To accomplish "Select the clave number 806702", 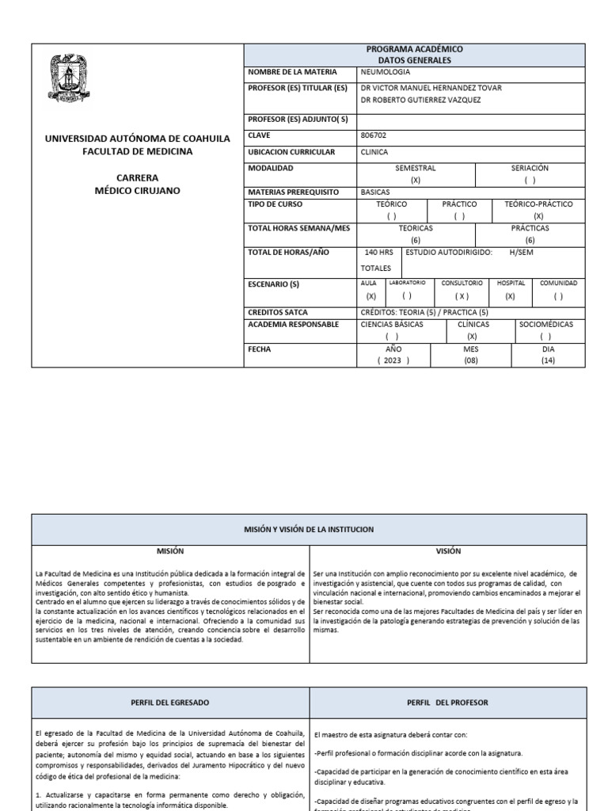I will [374, 135].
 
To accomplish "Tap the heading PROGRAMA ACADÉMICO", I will [414, 49].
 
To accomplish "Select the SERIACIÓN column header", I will [530, 168].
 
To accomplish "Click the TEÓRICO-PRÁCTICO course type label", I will [538, 204].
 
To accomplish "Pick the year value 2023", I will [393, 360].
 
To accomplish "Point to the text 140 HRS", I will [378, 252].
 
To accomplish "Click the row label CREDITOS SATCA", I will [278, 313].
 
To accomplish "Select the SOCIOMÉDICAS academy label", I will [545, 324].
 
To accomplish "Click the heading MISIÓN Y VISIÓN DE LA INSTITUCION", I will [309, 528].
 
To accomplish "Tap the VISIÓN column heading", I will [447, 550].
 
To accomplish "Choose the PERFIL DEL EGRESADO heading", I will [169, 702].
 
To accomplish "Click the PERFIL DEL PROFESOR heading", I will [447, 702].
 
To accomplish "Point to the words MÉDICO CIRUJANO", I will [137, 191].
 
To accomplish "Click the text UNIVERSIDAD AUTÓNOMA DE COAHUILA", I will [137, 138].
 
